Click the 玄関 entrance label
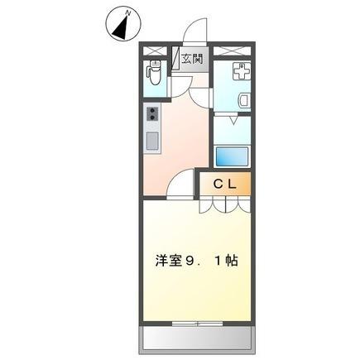192,59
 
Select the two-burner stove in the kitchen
152,113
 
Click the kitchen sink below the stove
153,140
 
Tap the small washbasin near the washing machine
241,101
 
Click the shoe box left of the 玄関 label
176,60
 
